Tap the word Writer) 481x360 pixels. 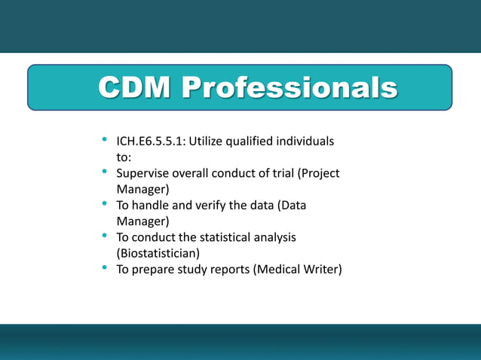323,269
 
